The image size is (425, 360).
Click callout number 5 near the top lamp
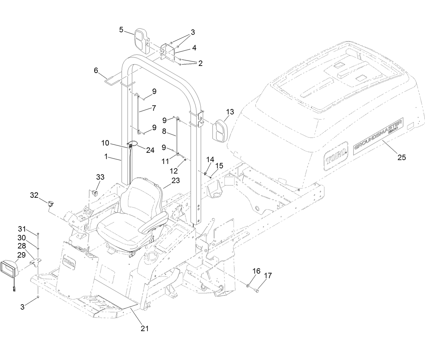121,29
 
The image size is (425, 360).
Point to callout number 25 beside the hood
401,157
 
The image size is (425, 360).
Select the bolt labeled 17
258,290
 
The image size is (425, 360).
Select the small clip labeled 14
205,173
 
